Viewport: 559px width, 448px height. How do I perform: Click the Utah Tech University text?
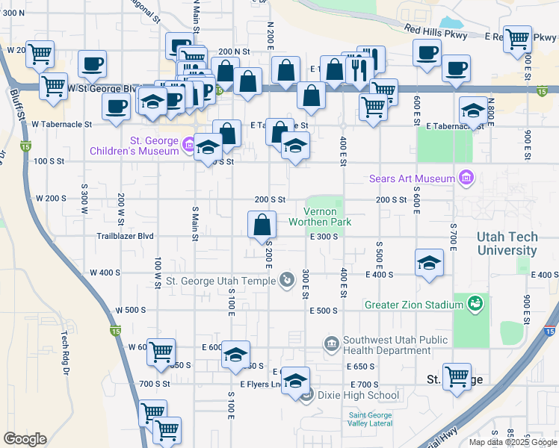click(x=507, y=243)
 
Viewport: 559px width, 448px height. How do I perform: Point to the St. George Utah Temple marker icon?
click(x=286, y=281)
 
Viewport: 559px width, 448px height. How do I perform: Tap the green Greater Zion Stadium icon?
click(x=474, y=304)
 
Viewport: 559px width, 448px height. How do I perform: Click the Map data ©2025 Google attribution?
click(x=513, y=442)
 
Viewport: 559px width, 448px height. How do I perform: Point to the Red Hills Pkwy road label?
click(x=436, y=32)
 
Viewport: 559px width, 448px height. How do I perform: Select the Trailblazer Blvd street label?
click(x=125, y=236)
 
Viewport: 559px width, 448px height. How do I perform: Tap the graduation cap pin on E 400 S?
click(x=429, y=262)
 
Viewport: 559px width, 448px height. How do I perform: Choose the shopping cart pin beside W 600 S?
click(x=161, y=351)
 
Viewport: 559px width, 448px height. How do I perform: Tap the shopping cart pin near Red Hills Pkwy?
click(x=517, y=39)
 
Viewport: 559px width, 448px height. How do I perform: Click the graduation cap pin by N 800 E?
click(x=472, y=111)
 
